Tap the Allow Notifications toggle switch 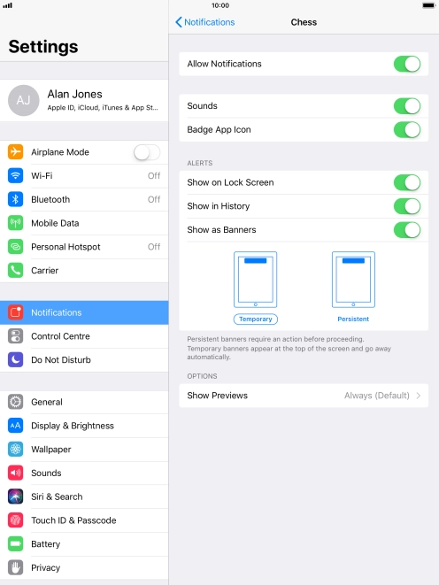point(407,64)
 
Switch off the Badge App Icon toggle point(407,130)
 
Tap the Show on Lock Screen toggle point(407,183)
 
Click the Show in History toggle point(407,206)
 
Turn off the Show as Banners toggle point(407,230)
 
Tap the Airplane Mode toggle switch point(147,152)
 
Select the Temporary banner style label point(256,319)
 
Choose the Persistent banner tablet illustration point(353,280)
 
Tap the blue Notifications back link point(205,22)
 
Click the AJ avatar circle point(24,100)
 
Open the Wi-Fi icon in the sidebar point(15,175)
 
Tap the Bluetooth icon point(15,199)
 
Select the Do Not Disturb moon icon point(15,359)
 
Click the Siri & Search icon point(15,496)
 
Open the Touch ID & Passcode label point(73,520)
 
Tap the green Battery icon point(15,544)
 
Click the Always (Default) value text point(377,396)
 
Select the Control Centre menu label point(60,336)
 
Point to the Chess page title point(304,22)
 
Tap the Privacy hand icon point(15,567)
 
